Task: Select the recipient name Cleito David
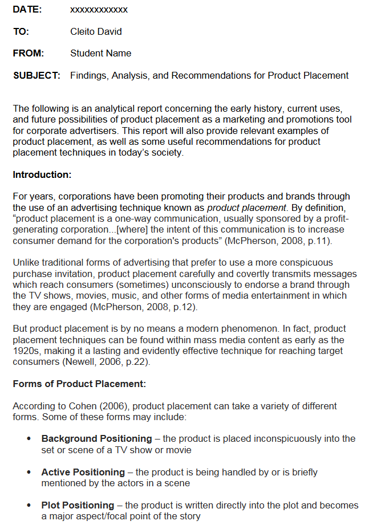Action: click(96, 31)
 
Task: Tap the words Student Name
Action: click(100, 53)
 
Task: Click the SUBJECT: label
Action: click(37, 75)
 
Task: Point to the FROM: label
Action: click(29, 53)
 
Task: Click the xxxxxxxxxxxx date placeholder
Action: click(99, 10)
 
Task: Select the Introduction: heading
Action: click(42, 174)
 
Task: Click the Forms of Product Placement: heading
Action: click(79, 384)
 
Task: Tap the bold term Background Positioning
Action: click(96, 438)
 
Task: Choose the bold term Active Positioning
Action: click(83, 472)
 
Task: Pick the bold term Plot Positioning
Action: click(78, 505)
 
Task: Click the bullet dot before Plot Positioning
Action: click(29, 506)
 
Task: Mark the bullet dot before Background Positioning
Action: click(29, 439)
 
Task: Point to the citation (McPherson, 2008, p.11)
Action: click(277, 241)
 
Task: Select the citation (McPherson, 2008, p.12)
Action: click(143, 307)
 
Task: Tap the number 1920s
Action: click(26, 351)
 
